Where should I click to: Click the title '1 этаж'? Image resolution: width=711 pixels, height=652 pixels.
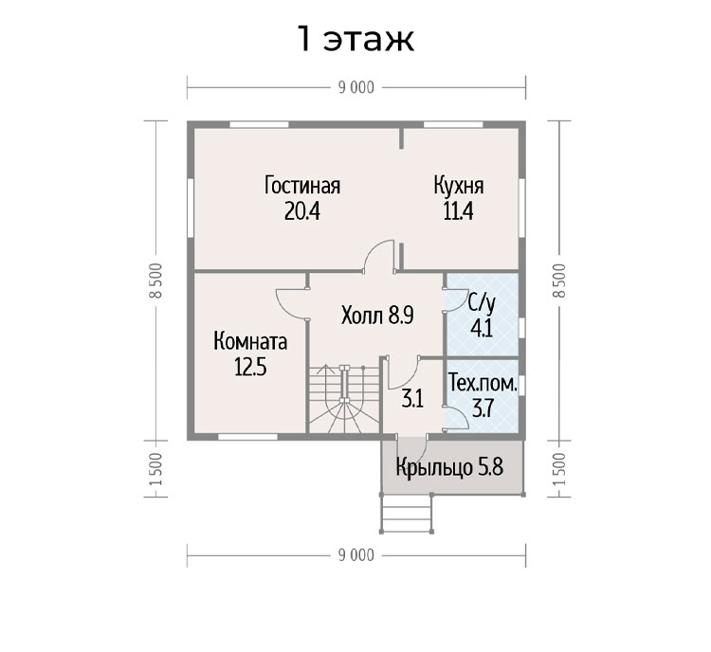(x=355, y=39)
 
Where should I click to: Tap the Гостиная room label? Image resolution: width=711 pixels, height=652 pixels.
(x=302, y=186)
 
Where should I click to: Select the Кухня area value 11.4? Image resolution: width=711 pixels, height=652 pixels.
(x=458, y=210)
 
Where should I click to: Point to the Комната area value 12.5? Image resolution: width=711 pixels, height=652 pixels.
(x=250, y=367)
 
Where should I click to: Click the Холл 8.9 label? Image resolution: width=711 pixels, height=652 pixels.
(x=377, y=316)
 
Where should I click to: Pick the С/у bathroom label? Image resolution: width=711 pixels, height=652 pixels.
(x=482, y=304)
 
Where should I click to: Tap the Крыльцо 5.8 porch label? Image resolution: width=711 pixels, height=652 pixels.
(x=449, y=467)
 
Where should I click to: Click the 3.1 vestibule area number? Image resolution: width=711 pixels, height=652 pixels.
(x=412, y=400)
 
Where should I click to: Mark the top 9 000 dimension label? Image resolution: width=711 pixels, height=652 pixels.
(x=355, y=87)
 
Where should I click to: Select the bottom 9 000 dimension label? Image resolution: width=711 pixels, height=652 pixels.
(x=355, y=555)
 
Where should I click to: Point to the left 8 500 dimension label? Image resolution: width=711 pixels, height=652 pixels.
(x=155, y=281)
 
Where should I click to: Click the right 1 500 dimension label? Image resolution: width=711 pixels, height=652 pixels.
(x=559, y=469)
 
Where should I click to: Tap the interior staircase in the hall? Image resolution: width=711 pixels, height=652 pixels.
(x=345, y=399)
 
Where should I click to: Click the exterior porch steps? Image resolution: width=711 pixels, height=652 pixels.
(x=407, y=514)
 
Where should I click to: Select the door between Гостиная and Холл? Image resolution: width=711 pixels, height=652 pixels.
(x=380, y=256)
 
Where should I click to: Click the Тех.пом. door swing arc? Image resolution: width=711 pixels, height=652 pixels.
(x=457, y=416)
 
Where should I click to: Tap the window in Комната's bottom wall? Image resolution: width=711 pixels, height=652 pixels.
(x=247, y=437)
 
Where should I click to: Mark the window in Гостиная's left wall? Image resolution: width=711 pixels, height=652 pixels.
(x=191, y=208)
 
